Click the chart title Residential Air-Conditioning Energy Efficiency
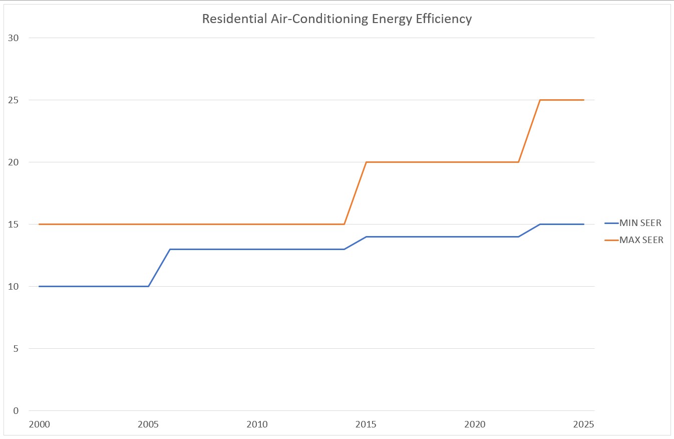336,19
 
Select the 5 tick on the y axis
16,349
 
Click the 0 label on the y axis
16,411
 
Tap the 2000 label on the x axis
40,424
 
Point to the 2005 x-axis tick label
148,424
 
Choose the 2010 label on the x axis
257,424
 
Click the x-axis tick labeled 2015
366,424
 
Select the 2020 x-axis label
475,424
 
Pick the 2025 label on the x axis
583,424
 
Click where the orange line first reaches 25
540,100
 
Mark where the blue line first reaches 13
170,249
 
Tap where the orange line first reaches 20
366,162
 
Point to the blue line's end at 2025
584,224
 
